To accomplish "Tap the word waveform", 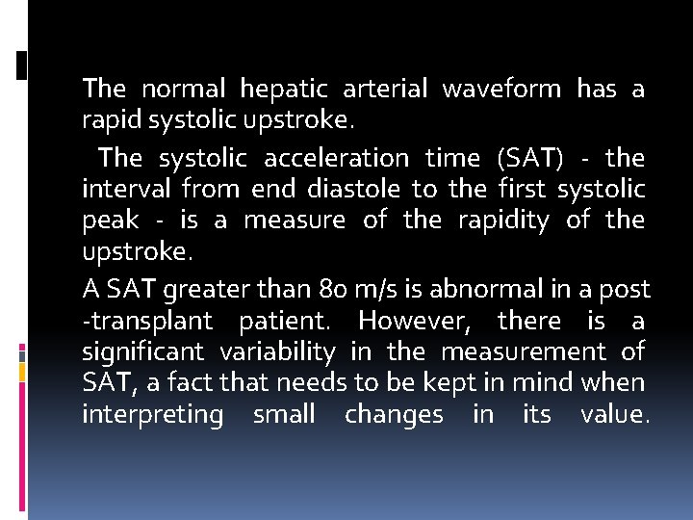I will [500, 90].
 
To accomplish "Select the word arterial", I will [386, 90].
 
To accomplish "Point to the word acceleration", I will [333, 158].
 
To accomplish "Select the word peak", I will [110, 221].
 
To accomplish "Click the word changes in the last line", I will [394, 416].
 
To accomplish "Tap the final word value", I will [611, 416].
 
